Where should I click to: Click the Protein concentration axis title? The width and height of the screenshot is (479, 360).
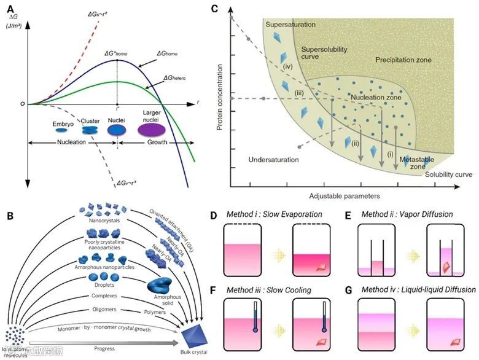click(x=218, y=101)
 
